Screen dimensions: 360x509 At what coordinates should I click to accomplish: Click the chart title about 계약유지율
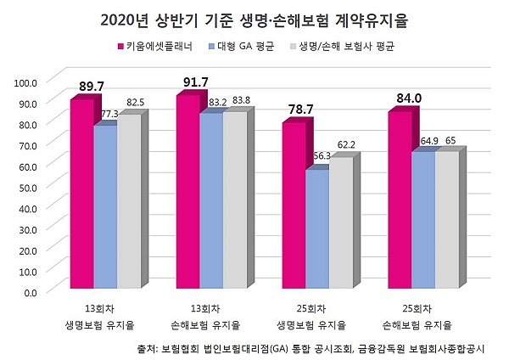point(254,18)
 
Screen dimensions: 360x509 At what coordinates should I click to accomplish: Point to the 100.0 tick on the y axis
point(26,82)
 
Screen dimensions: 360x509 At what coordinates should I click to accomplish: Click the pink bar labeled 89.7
point(81,195)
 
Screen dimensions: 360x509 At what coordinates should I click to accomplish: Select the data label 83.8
point(237,101)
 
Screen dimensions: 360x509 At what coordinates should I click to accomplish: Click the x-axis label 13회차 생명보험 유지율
point(104,318)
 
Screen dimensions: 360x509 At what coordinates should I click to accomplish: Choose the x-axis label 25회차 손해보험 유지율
point(422,318)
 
